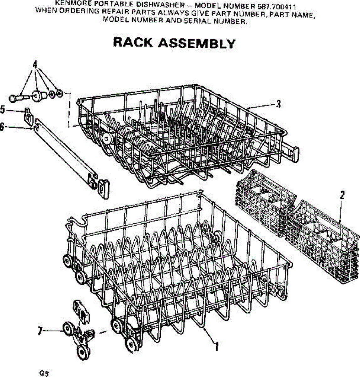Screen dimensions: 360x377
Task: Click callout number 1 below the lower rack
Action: (216, 346)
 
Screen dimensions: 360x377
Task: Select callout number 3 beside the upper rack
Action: (278, 104)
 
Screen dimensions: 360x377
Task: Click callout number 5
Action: (3, 110)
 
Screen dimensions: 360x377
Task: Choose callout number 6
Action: (2, 127)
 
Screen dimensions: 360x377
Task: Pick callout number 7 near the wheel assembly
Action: (40, 331)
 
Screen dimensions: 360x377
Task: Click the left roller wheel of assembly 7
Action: (67, 329)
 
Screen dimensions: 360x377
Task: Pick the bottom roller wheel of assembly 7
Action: (83, 352)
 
